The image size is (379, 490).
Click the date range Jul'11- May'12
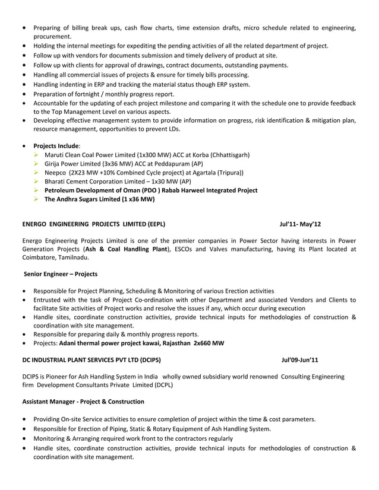coord(301,224)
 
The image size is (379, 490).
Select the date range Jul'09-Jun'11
coord(300,359)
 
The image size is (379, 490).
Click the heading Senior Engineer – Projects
coord(61,274)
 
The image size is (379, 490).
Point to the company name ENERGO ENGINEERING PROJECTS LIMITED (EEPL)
coord(94,224)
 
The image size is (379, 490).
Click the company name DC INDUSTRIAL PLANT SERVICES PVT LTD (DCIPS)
coord(91,359)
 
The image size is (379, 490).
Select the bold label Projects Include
coord(56,145)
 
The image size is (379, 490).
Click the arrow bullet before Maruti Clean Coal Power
coord(37,155)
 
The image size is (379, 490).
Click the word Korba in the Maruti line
coord(178,155)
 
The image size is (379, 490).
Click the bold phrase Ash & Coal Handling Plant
coord(127,250)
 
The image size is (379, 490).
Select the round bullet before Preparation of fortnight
coord(23,94)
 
